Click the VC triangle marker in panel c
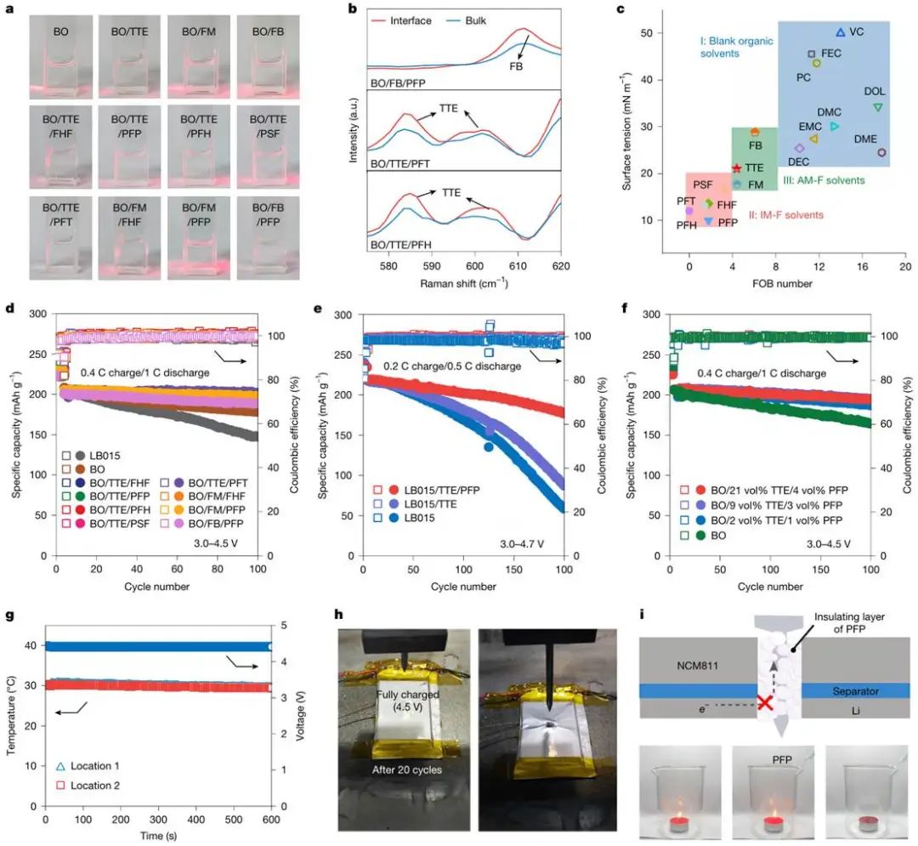[841, 32]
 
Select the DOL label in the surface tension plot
[875, 91]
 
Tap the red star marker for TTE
[737, 168]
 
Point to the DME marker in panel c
[881, 153]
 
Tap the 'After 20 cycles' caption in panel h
[402, 770]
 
